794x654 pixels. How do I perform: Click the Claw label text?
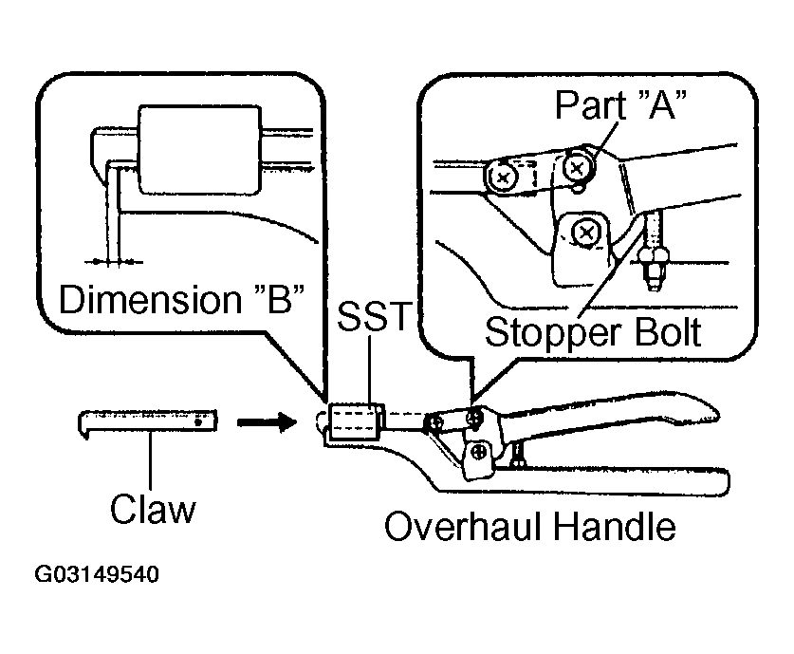click(153, 509)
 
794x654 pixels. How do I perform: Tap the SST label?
click(372, 316)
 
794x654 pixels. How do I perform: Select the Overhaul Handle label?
click(529, 527)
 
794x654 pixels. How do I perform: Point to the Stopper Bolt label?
click(593, 332)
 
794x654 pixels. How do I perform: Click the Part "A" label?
click(620, 104)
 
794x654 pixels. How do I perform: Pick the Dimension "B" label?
click(182, 299)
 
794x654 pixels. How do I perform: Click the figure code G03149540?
click(97, 574)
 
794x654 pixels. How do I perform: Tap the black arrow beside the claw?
click(267, 421)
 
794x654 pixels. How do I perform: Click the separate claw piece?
click(147, 423)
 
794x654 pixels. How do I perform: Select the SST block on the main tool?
click(355, 421)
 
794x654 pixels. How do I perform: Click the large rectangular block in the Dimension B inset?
click(200, 151)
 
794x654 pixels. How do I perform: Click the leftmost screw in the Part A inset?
click(502, 178)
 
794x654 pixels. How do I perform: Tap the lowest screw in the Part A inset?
click(586, 233)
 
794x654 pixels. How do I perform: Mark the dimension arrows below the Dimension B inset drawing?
click(114, 262)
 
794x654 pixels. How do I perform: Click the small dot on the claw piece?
click(198, 421)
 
